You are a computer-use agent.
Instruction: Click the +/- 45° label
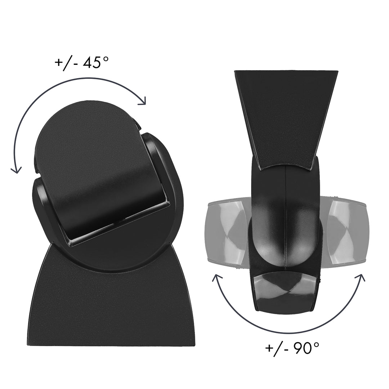tap(81, 62)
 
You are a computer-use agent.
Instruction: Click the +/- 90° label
tap(292, 348)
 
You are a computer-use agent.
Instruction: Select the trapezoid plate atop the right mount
tap(286, 115)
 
